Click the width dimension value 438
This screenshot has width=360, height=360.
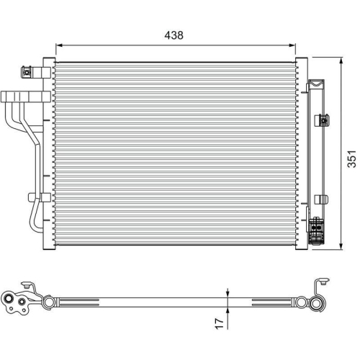[174, 34]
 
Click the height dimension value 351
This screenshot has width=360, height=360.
[351, 160]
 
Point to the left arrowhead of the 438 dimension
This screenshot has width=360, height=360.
[59, 44]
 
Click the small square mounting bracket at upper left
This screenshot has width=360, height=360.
[28, 71]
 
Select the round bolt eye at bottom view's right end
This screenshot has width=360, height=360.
[315, 303]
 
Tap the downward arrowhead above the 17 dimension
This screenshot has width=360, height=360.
[229, 292]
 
